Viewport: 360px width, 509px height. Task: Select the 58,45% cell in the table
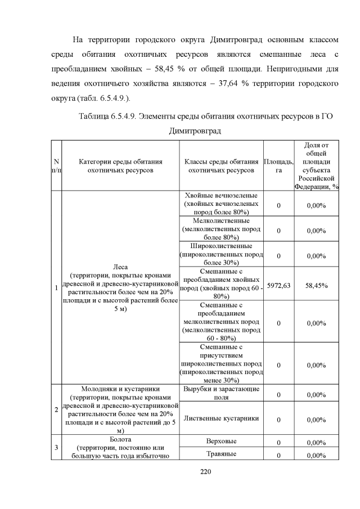[x=316, y=286]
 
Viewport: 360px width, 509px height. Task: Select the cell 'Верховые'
[x=221, y=441]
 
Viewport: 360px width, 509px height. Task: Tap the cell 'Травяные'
[x=221, y=454]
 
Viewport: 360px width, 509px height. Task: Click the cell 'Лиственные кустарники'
[x=221, y=418]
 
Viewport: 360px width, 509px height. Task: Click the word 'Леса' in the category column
[x=120, y=267]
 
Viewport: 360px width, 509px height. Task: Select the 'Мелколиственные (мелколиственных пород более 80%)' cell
[x=221, y=229]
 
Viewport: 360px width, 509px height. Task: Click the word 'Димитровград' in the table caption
[x=194, y=130]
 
